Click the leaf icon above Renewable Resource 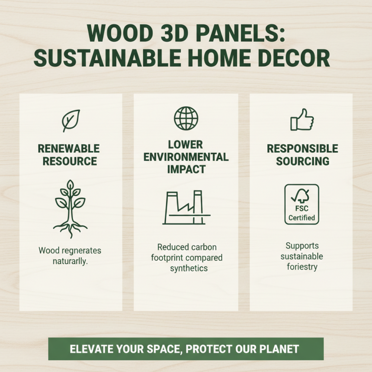(71, 121)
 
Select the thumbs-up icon (302, 120)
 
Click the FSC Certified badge (301, 205)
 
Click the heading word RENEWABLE (69, 149)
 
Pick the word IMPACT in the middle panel (186, 169)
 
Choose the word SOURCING (302, 161)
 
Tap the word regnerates (80, 251)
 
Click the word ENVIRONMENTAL (186, 157)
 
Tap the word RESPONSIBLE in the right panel (302, 149)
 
